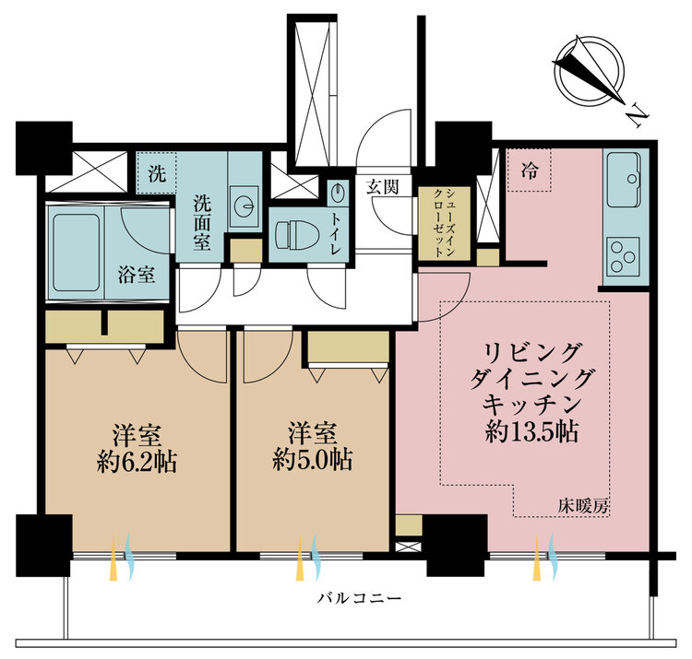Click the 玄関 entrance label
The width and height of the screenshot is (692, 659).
382,188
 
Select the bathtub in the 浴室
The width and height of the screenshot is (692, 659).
76,253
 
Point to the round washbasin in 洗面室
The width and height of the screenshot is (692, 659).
244,205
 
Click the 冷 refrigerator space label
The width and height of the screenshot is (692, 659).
530,170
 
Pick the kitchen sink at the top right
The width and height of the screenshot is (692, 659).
624,180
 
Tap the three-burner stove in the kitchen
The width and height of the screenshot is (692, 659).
623,256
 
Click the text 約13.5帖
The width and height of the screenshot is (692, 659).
531,432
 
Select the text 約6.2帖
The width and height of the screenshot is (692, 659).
137,462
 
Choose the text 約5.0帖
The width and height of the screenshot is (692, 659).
313,460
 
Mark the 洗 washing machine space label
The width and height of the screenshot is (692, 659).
157,173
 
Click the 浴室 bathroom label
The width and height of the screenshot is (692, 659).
137,275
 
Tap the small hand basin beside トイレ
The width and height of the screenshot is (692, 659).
338,193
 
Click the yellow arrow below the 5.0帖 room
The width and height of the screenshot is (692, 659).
300,558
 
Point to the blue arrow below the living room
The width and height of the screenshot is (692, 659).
553,557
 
